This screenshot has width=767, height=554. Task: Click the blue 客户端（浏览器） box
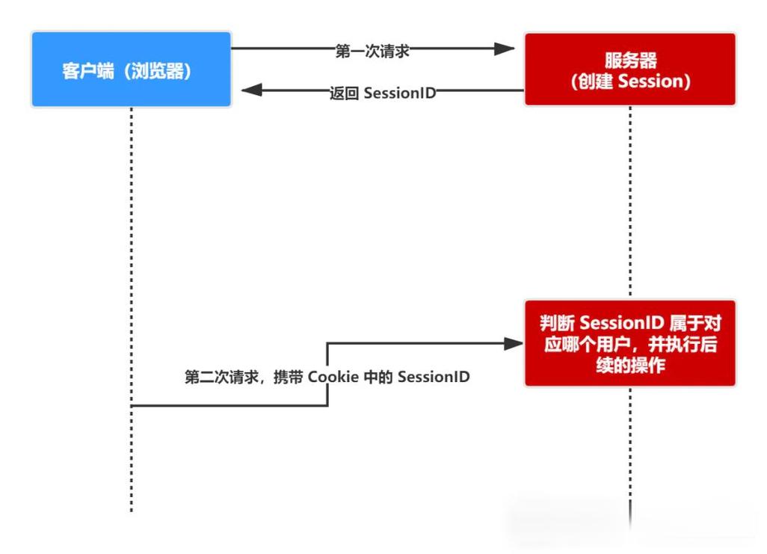(132, 70)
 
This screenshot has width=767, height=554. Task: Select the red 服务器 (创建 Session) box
(629, 70)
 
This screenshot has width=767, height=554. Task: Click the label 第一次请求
(372, 51)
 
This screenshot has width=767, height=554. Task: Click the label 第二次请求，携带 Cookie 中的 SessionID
(327, 377)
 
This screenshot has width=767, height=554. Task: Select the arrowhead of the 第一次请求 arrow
(505, 49)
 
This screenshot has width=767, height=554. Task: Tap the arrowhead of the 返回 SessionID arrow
(251, 91)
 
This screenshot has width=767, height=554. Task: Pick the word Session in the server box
(650, 81)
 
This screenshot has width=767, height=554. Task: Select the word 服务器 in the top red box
(630, 60)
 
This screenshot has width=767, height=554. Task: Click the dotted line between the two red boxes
(629, 202)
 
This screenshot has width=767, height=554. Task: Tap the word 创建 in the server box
(591, 81)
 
